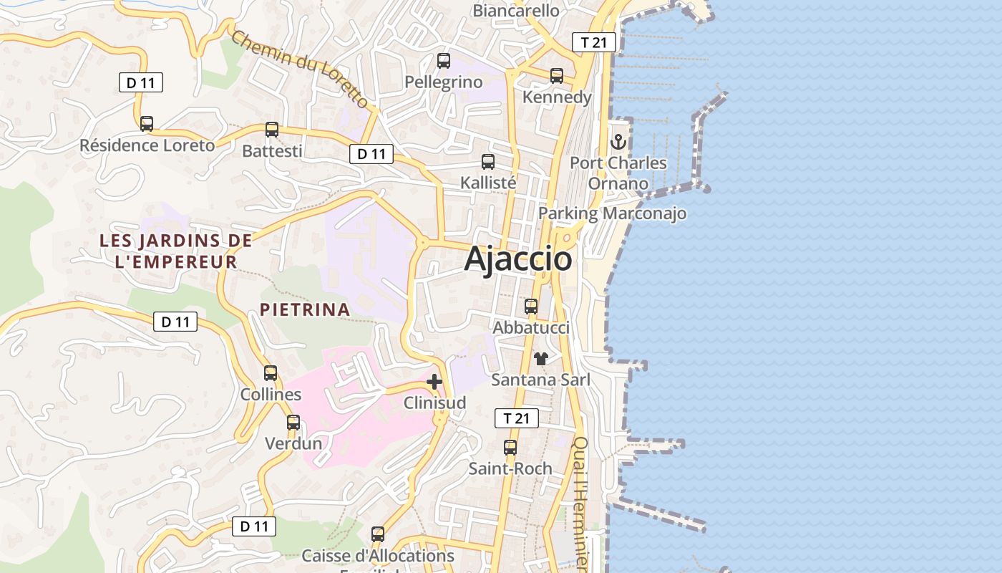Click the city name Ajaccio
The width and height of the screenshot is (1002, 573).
(518, 259)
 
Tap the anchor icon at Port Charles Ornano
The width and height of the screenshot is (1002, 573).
(618, 142)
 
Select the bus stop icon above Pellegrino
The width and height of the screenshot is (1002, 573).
(444, 61)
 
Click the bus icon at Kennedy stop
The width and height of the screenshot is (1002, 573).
(557, 75)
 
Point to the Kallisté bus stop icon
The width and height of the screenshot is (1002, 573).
(488, 162)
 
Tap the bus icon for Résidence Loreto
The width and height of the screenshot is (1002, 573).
(147, 124)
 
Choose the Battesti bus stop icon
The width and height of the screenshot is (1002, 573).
(272, 130)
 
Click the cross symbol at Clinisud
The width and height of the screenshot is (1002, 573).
(434, 382)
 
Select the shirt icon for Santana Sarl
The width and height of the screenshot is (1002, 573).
(540, 358)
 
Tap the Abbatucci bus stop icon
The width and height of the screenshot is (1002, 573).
(531, 307)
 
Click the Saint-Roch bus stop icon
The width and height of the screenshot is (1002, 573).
(510, 448)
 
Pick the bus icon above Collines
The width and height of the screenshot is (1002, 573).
(271, 373)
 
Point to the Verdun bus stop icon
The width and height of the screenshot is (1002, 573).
(293, 423)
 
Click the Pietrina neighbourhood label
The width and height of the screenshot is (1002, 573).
(305, 309)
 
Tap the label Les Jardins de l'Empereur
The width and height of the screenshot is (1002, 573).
(176, 251)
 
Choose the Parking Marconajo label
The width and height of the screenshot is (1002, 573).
(612, 213)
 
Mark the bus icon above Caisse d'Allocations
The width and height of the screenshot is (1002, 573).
(378, 534)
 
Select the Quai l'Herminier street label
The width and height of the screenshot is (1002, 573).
(581, 501)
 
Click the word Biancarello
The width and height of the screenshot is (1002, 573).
(516, 10)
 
